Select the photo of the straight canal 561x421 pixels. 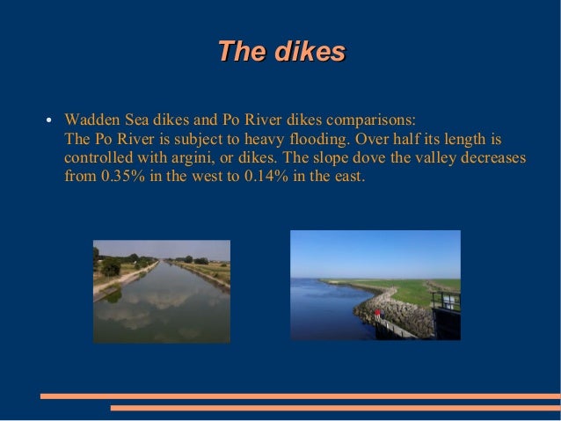pyautogui.click(x=162, y=291)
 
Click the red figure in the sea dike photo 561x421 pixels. pyautogui.click(x=377, y=313)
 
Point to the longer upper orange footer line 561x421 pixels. pyautogui.click(x=300, y=396)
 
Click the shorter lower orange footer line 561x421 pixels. pyautogui.click(x=334, y=408)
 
